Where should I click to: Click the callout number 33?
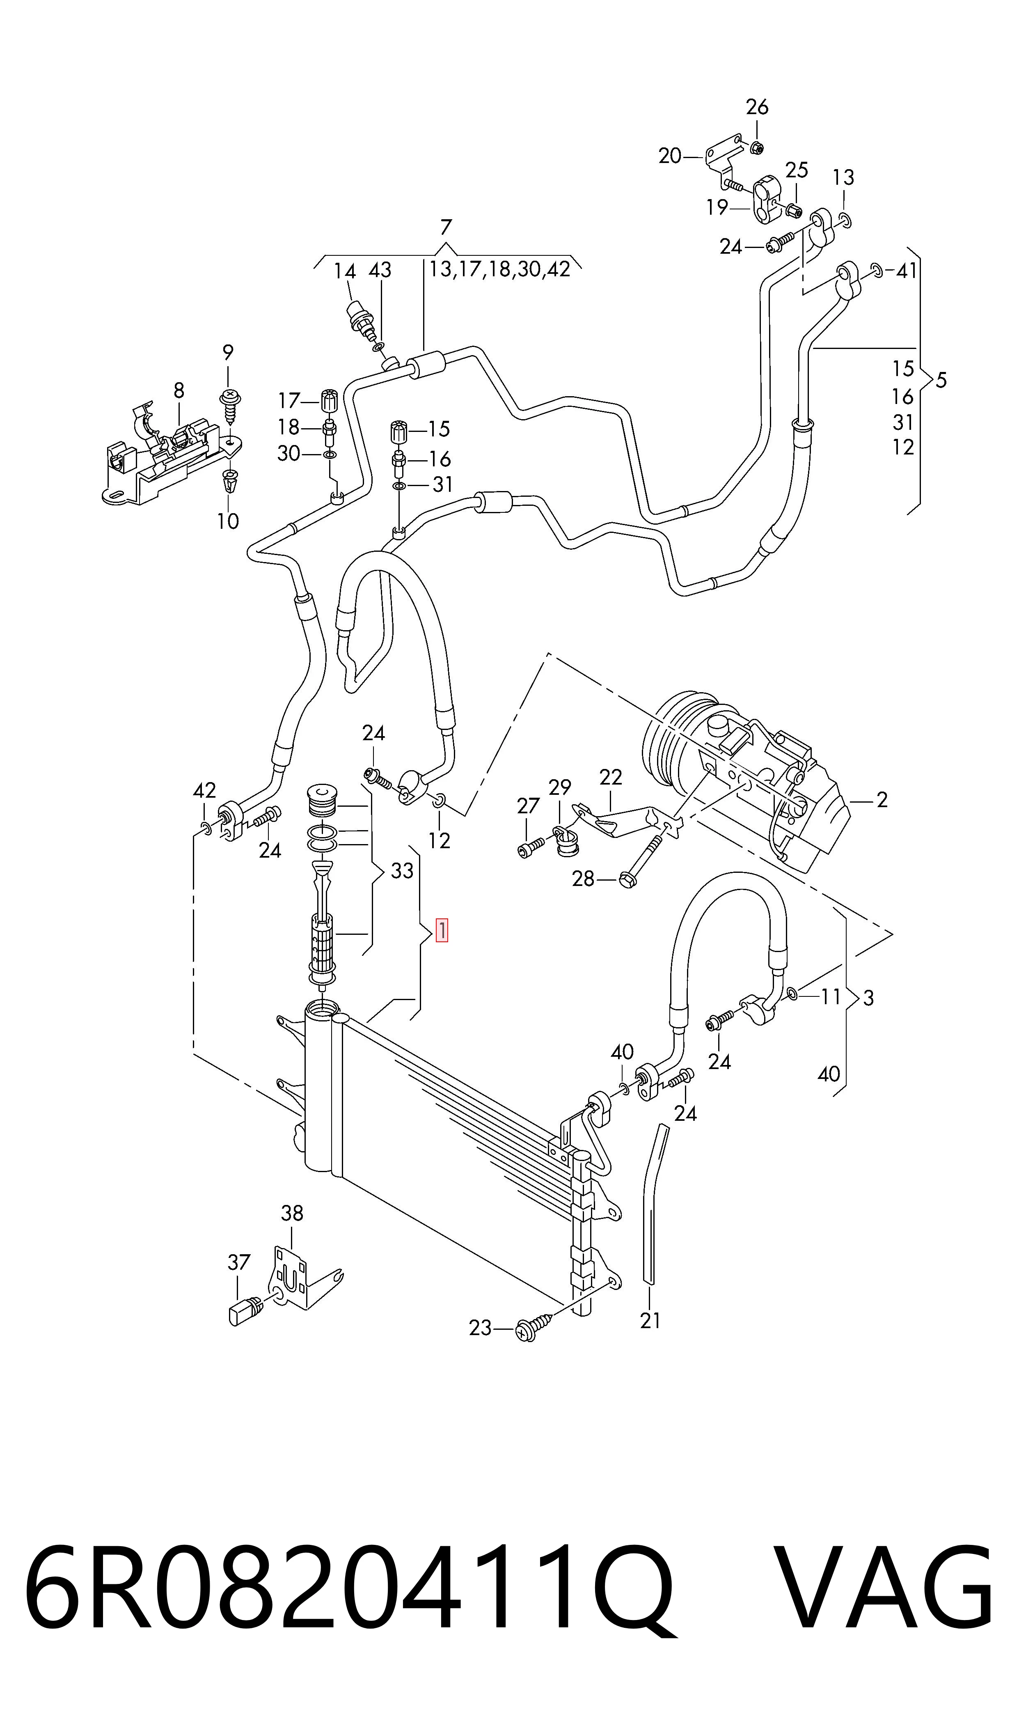coord(402,871)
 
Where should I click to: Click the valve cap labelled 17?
coord(329,398)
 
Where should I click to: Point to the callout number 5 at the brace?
coord(941,380)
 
